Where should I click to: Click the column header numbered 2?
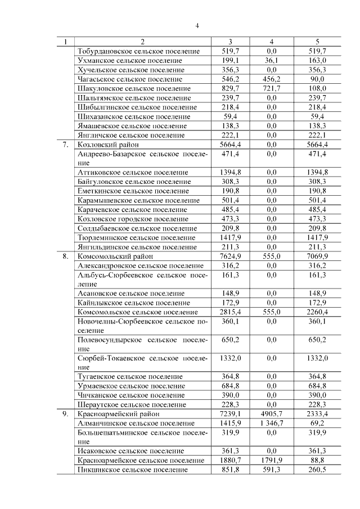(x=142, y=42)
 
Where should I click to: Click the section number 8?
(x=65, y=256)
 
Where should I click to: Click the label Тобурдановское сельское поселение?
(x=139, y=51)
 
